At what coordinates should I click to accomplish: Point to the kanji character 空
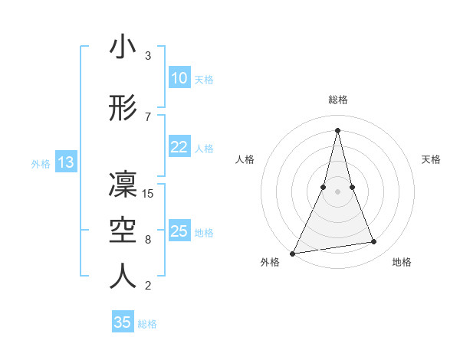pos(123,230)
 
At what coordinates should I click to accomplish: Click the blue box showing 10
pos(179,78)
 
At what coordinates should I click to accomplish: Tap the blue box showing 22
pos(179,147)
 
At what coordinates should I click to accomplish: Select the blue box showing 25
pos(179,231)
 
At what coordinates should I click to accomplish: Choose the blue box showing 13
pos(65,162)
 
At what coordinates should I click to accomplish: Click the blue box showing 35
pos(123,322)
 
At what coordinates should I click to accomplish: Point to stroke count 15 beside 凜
pos(149,193)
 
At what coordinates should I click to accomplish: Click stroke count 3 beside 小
pos(148,56)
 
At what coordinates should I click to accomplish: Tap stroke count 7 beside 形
pos(148,116)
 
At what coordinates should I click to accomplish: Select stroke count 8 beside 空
pos(148,239)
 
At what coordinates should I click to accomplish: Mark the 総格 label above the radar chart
pos(337,100)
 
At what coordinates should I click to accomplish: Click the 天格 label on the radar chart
pos(431,159)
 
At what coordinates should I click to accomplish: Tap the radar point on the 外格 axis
pos(293,253)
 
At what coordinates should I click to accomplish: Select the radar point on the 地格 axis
pos(374,242)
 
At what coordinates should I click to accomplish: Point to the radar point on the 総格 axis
pos(337,130)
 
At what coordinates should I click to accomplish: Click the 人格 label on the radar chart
pos(245,159)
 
